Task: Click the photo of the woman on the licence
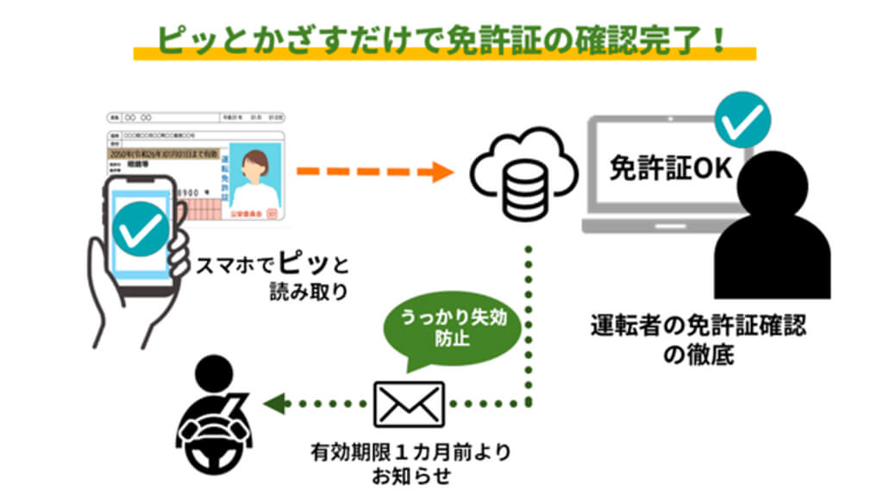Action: tap(256, 177)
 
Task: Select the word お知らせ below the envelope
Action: tap(410, 475)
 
